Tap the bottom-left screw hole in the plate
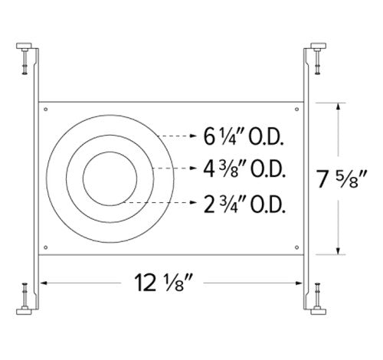point(47,246)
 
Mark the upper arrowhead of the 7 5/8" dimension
point(337,106)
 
